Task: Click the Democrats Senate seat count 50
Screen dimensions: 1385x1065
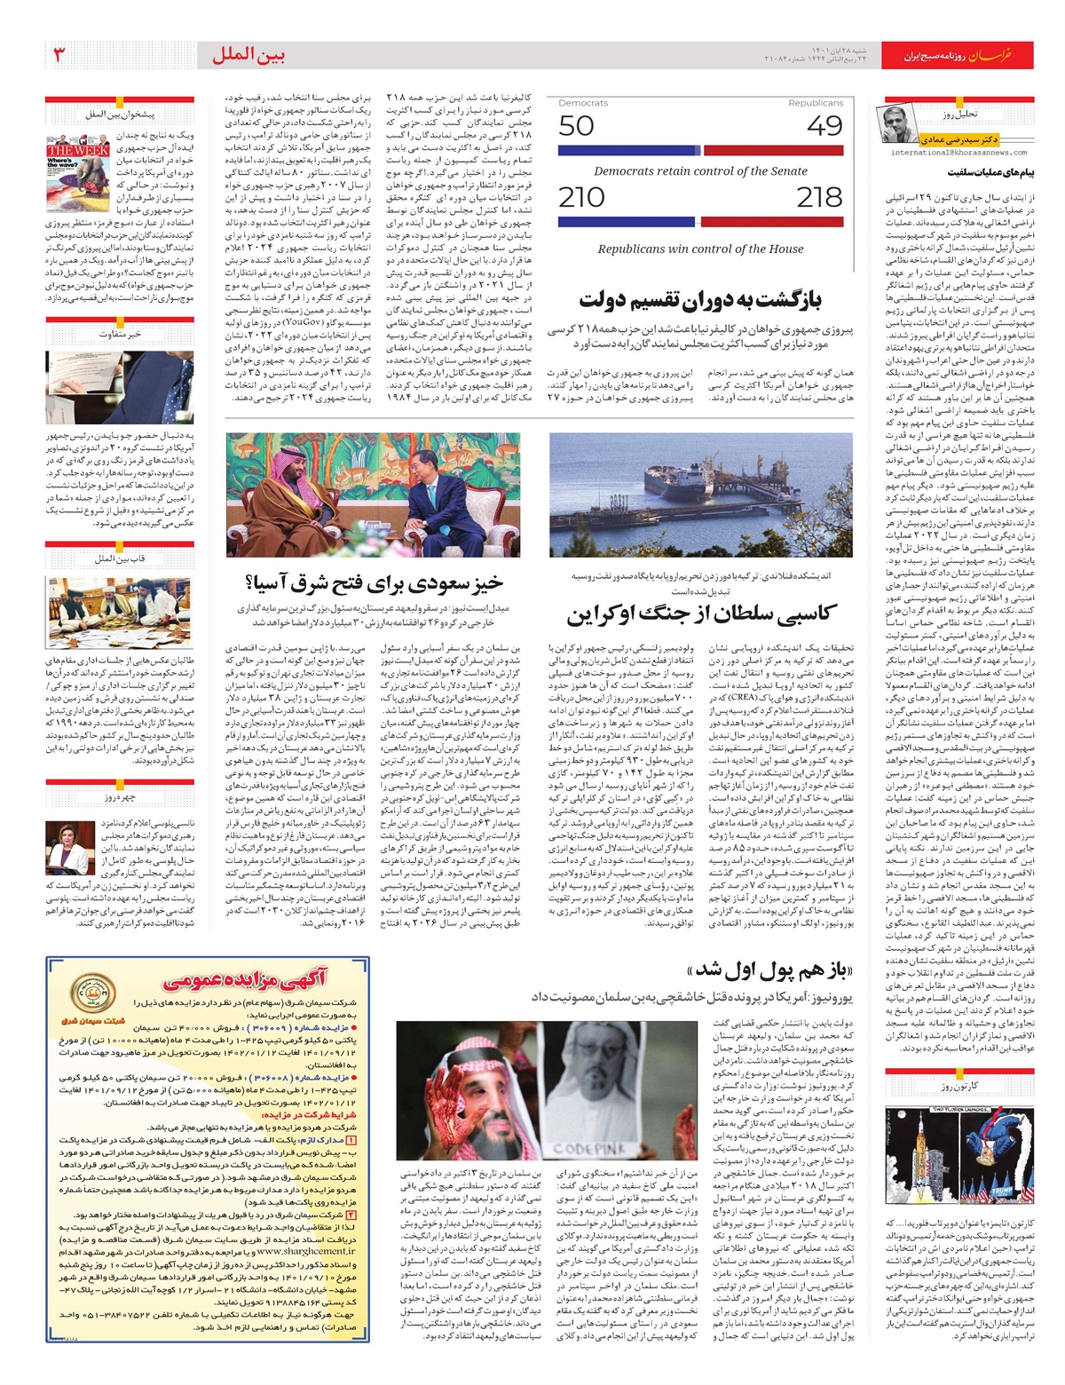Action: (x=576, y=125)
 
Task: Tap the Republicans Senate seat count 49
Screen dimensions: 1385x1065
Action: (x=824, y=125)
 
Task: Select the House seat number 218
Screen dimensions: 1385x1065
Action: (x=819, y=197)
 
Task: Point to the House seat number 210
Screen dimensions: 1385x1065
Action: (x=581, y=197)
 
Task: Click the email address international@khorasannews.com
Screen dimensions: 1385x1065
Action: (x=959, y=152)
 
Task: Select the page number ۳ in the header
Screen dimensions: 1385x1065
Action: (x=59, y=55)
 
